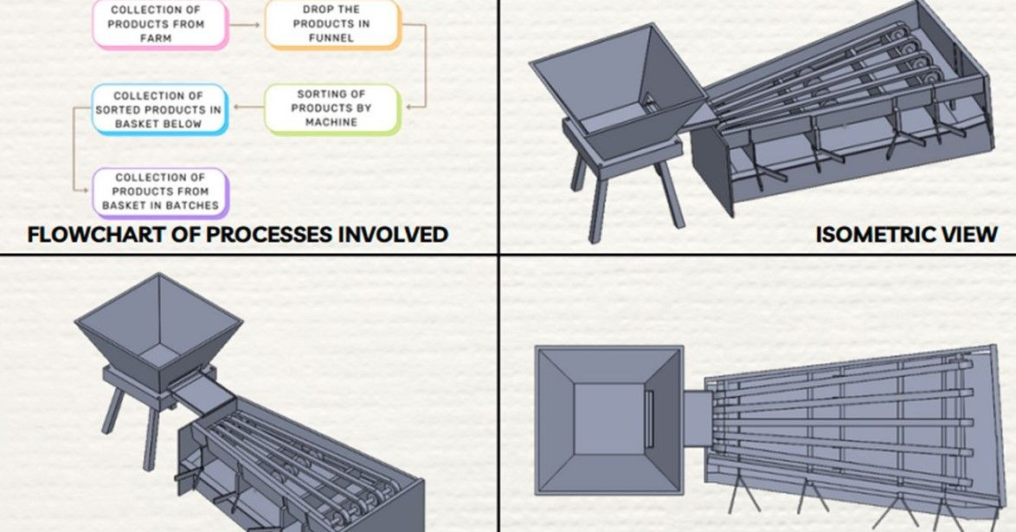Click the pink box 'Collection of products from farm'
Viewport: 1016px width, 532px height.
tap(160, 24)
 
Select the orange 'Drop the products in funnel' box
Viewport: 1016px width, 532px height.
tap(333, 24)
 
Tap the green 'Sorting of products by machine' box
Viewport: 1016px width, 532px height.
tap(333, 108)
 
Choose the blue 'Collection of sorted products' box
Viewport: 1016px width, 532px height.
tap(159, 109)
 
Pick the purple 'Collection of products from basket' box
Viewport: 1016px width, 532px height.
tap(161, 192)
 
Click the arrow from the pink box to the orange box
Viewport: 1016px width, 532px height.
tap(247, 25)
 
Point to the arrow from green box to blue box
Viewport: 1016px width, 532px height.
tap(248, 107)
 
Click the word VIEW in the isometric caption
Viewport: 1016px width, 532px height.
tap(970, 234)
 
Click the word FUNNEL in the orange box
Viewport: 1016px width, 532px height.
tap(331, 38)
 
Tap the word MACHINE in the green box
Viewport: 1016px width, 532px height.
tap(331, 122)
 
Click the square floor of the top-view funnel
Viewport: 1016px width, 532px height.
tap(610, 419)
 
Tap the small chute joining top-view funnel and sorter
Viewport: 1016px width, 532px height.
tap(698, 419)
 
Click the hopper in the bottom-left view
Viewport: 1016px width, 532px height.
tap(158, 331)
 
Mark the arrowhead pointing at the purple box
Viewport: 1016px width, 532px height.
tap(85, 191)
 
